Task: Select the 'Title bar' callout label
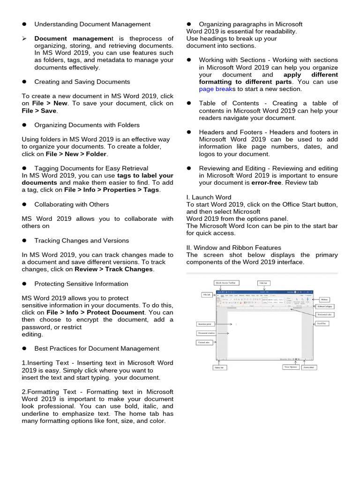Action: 263,283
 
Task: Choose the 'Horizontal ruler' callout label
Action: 325,315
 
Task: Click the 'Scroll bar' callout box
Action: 323,323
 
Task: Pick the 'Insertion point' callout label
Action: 205,324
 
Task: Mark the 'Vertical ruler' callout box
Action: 204,343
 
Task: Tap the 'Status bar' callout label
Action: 219,367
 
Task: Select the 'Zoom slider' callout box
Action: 310,367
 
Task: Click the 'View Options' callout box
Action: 290,367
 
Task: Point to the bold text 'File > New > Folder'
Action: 76,154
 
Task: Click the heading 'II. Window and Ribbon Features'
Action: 233,247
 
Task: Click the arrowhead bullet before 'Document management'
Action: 25,38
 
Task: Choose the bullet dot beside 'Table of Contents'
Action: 189,104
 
